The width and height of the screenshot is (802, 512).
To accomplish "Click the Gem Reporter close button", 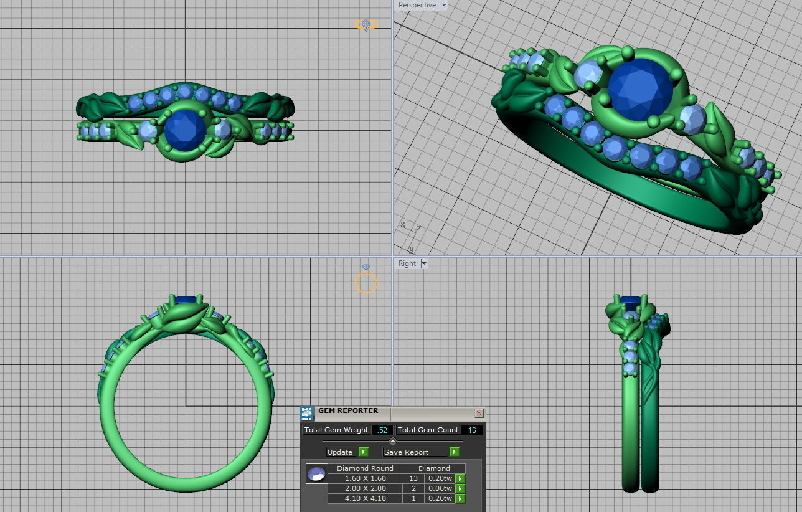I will (479, 413).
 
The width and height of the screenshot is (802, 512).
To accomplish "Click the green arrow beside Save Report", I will (455, 452).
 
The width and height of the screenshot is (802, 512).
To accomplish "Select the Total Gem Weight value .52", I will (382, 430).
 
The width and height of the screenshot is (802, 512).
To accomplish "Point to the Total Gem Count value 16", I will (471, 430).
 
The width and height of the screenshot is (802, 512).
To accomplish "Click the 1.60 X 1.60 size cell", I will (365, 478).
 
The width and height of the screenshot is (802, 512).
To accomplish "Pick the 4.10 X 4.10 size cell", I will (365, 498).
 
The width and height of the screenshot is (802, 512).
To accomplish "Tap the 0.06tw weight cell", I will (438, 488).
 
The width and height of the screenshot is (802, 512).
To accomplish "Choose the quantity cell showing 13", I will (413, 478).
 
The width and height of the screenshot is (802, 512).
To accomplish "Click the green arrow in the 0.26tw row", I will (460, 498).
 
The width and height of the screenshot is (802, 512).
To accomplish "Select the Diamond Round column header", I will (365, 468).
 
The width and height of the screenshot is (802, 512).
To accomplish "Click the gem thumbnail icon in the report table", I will (316, 474).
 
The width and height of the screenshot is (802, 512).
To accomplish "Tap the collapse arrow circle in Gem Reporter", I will (392, 441).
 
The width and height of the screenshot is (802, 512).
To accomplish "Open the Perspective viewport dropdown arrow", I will (444, 5).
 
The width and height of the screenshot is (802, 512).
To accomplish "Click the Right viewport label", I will (407, 263).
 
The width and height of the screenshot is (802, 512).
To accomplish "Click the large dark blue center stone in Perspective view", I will (639, 90).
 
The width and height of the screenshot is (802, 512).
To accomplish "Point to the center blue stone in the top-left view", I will (184, 130).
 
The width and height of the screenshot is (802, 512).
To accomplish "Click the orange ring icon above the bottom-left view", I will (366, 281).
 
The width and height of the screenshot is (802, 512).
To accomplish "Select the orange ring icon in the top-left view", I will (366, 24).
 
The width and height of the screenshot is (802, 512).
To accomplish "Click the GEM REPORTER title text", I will (348, 411).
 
